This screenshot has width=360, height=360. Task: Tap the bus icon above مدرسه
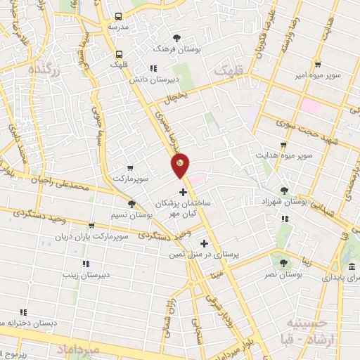tap(117, 16)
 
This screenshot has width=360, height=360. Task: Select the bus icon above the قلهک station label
tap(118, 53)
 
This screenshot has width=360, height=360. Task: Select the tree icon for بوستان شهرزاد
tap(284, 191)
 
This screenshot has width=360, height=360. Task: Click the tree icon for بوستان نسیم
tap(131, 203)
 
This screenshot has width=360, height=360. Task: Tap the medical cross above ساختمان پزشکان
tap(184, 191)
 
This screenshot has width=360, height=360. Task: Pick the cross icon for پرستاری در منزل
tap(205, 243)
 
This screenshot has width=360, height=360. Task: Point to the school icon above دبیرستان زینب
tap(85, 264)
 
